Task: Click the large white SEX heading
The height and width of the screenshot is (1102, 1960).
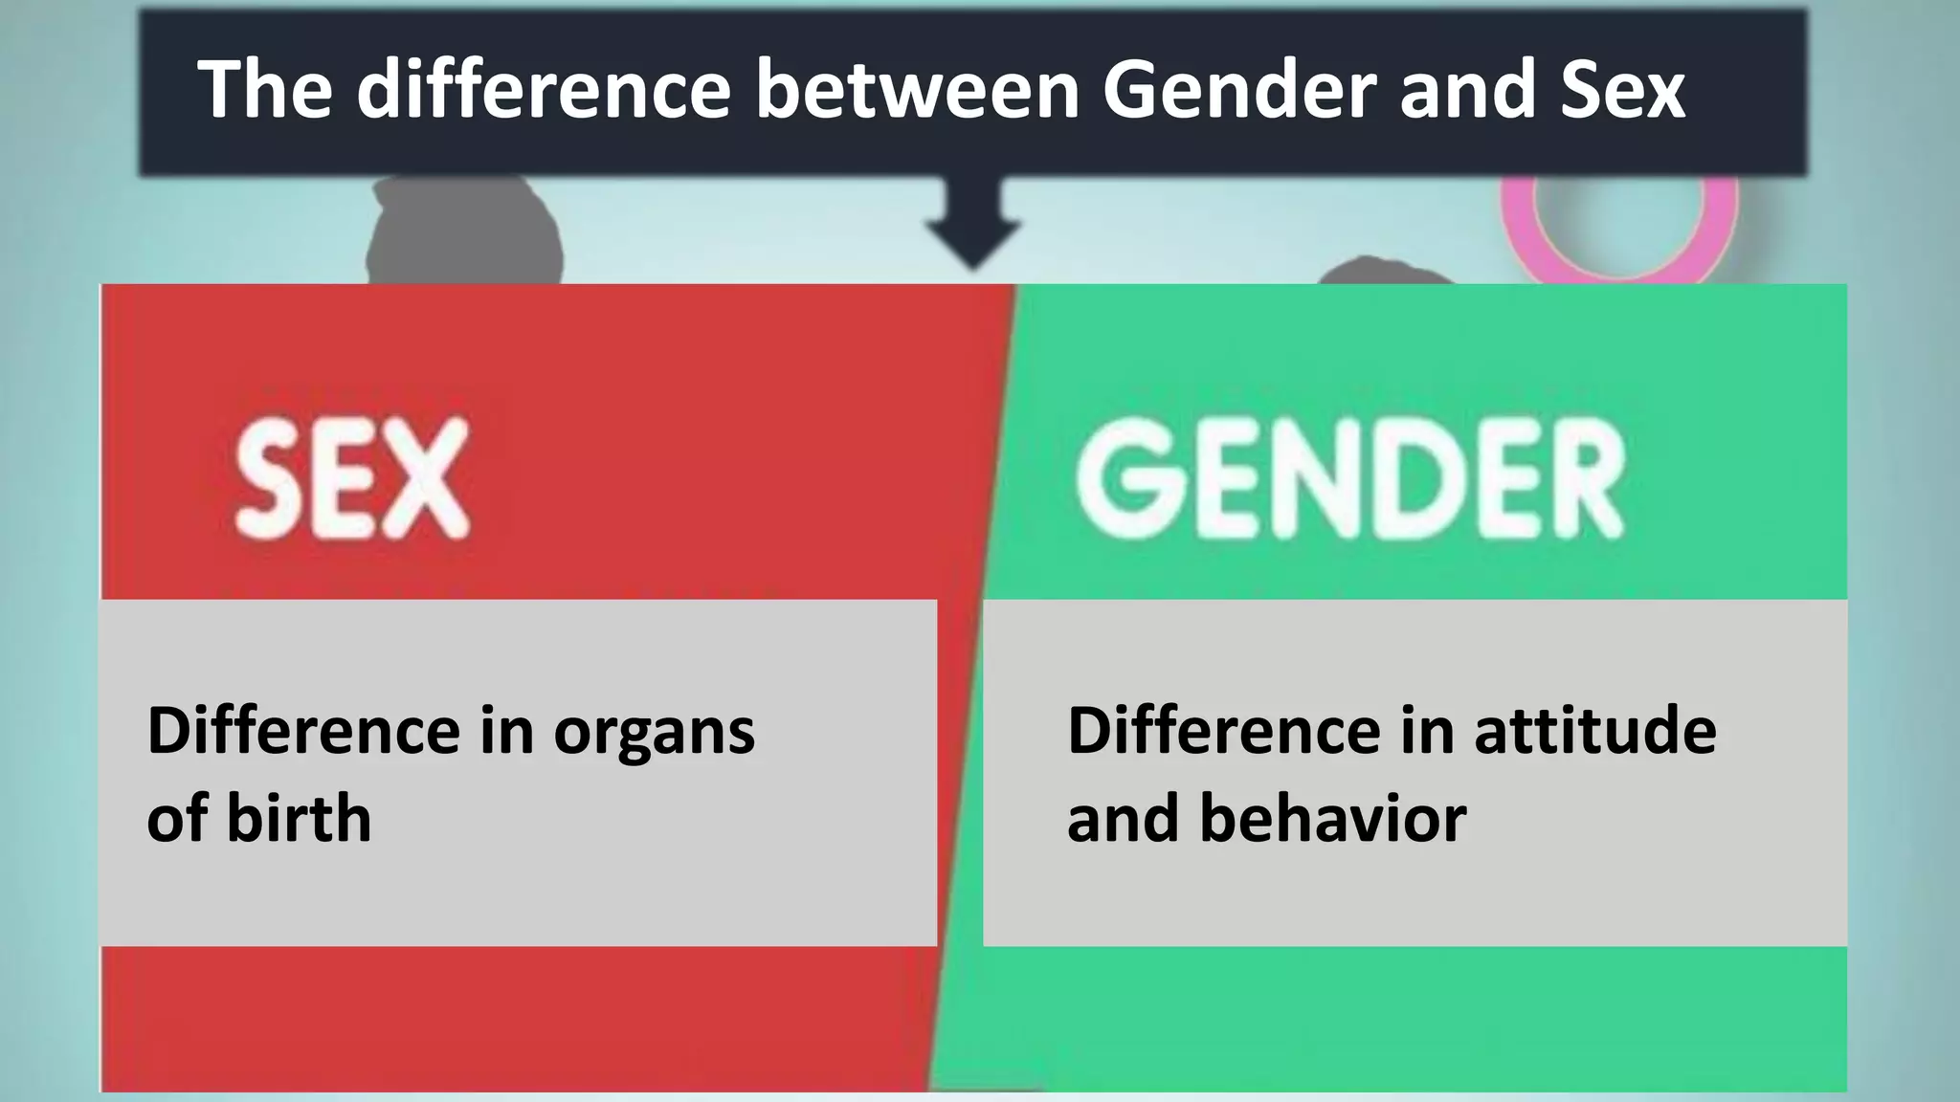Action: pyautogui.click(x=352, y=479)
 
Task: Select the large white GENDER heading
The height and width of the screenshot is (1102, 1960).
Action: pyautogui.click(x=1350, y=479)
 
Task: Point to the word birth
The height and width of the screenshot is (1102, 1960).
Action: pyautogui.click(x=299, y=819)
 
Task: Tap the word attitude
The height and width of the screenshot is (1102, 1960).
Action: pyautogui.click(x=1594, y=731)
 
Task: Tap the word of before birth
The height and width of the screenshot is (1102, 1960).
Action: pyautogui.click(x=177, y=819)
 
